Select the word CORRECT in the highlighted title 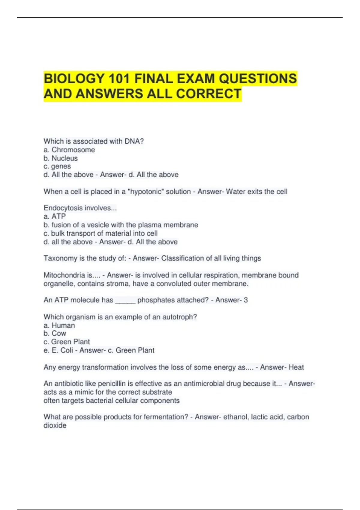[x=209, y=94]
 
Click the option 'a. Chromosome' [x=69, y=150]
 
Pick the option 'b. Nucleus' [x=61, y=158]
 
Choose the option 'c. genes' [x=57, y=166]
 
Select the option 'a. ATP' [x=55, y=216]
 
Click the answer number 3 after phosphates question [x=246, y=300]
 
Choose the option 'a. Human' [x=59, y=325]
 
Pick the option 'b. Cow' [x=55, y=333]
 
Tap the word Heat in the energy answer [x=296, y=367]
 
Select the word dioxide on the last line [x=55, y=425]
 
